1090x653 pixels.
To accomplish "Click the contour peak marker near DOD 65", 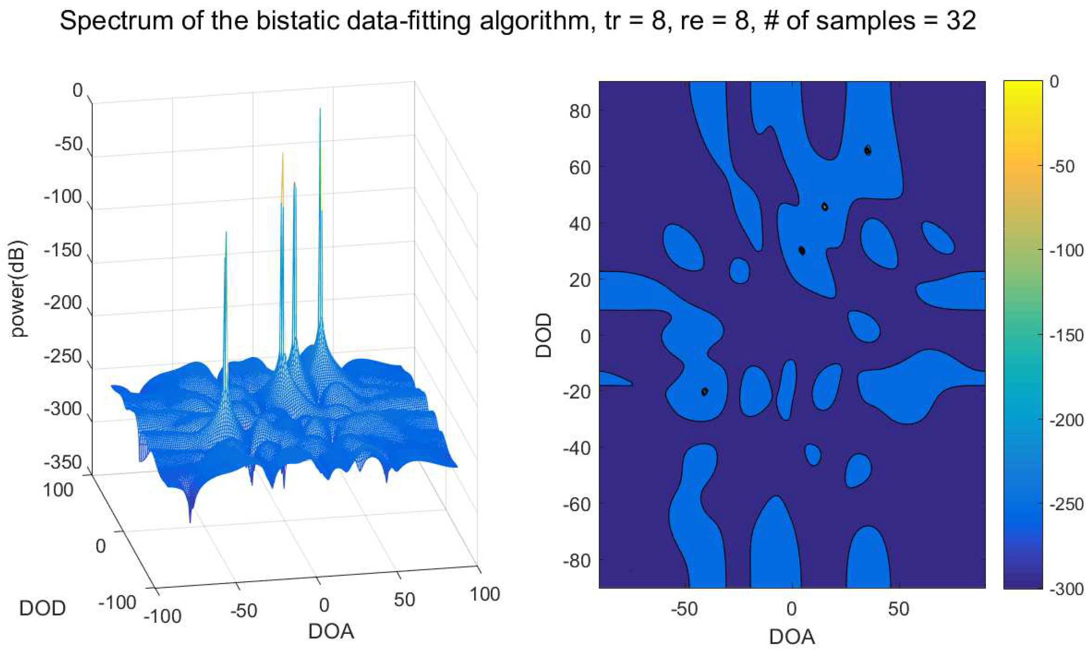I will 867,150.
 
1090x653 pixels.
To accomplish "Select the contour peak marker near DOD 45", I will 825,206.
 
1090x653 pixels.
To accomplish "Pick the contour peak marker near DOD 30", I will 801,251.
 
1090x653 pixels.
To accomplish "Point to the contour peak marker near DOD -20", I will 704,391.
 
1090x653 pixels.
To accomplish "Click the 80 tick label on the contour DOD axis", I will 579,111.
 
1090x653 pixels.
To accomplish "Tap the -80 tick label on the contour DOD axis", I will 576,560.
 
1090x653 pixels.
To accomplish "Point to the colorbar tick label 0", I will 1055,82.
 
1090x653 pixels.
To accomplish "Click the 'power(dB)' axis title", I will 18,289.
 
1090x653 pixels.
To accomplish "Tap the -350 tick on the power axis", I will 64,462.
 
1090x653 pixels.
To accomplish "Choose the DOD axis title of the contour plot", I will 544,335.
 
